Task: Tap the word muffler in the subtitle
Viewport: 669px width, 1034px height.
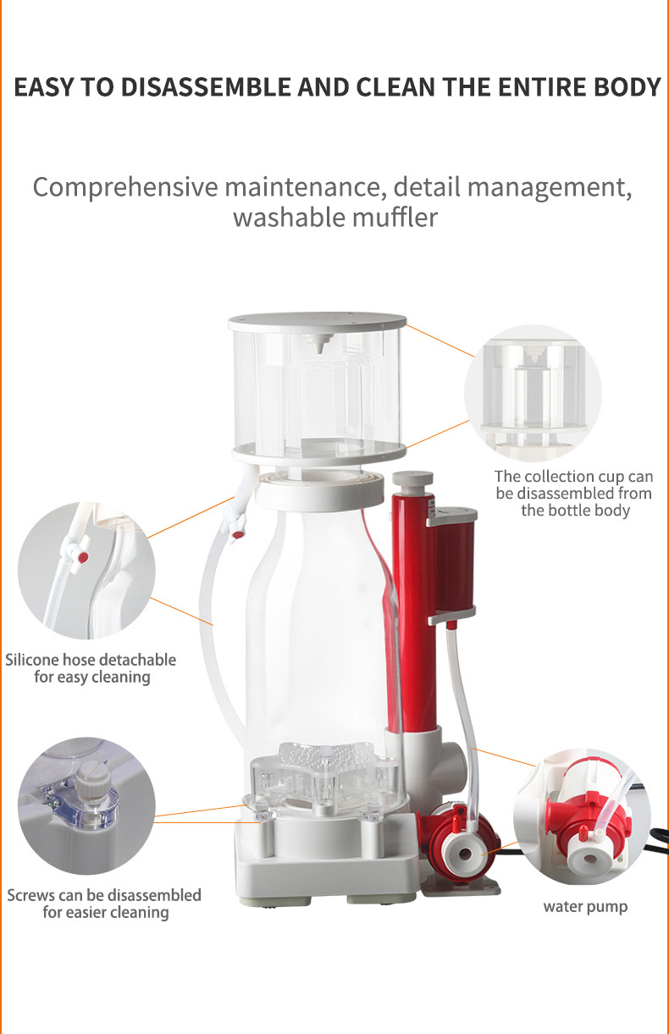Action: (395, 217)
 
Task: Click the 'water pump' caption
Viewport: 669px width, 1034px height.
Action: (585, 907)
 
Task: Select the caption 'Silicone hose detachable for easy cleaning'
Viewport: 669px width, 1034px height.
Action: (91, 668)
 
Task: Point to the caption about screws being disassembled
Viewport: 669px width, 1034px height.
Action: (104, 904)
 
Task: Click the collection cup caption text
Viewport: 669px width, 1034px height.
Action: (574, 494)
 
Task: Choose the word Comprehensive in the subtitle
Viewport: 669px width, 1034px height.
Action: (126, 186)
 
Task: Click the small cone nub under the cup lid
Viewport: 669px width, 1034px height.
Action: (319, 345)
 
